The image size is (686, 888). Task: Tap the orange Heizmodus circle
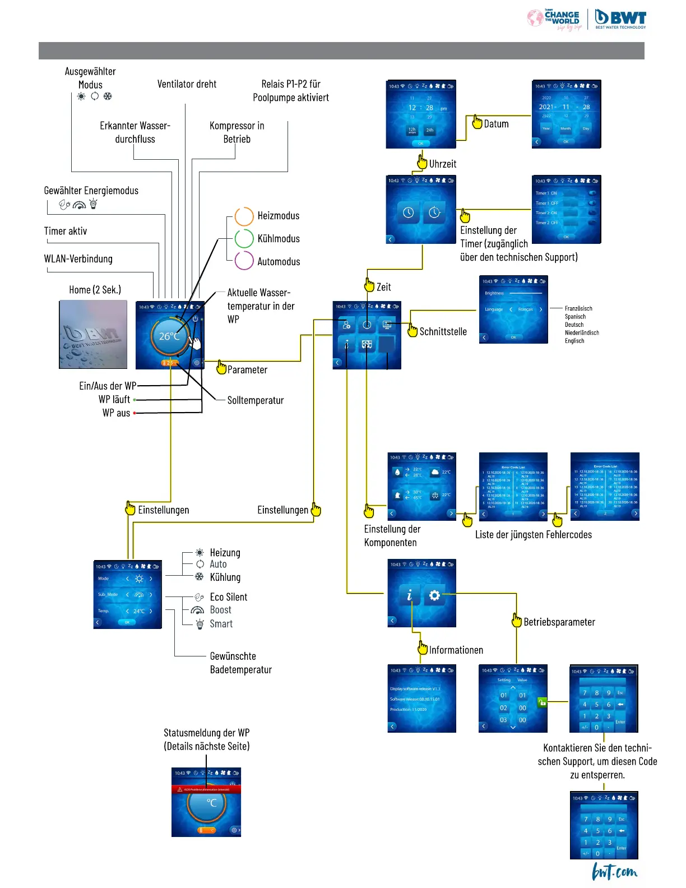244,216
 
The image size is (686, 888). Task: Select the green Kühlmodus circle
244,238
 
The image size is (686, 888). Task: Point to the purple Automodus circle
244,261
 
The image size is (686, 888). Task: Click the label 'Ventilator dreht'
187,84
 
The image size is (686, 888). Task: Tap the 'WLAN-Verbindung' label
78,259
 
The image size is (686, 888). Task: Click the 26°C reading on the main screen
169,336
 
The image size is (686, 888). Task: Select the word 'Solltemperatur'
256,400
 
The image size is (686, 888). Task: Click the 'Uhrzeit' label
443,164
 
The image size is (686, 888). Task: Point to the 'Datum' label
496,124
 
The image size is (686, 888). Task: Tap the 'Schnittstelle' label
443,331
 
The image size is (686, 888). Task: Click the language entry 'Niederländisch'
582,332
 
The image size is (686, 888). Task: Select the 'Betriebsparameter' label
559,622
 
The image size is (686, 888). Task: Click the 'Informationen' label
456,650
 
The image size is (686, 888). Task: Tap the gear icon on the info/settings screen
434,595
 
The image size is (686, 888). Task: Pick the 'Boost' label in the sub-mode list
220,610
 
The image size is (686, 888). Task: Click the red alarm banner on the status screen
206,789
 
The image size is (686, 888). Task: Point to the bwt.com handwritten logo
614,871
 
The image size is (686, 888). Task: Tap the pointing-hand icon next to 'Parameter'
221,368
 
